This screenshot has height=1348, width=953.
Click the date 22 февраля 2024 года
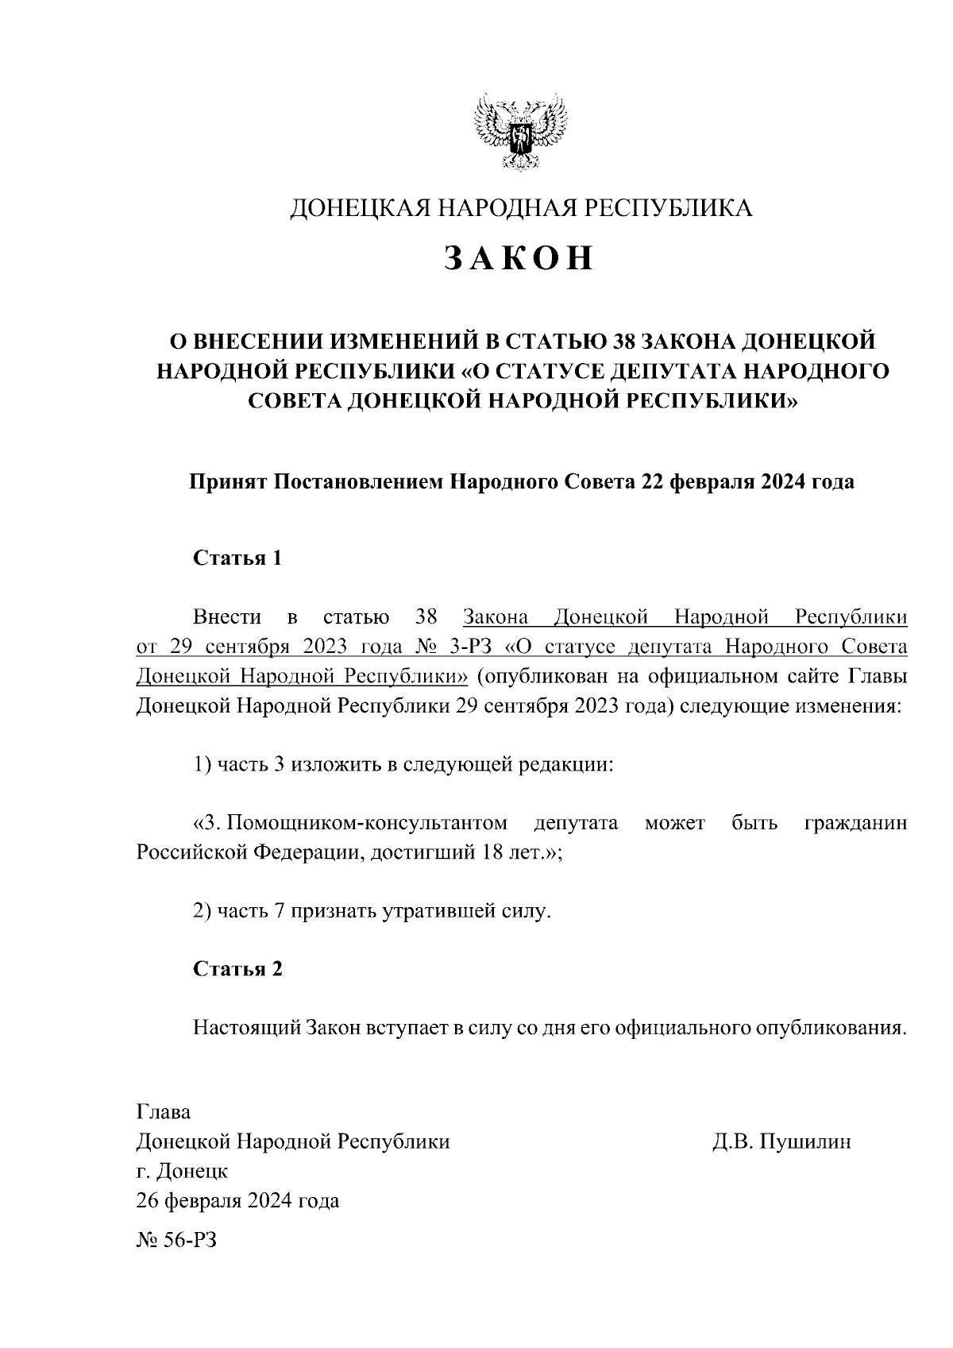743,481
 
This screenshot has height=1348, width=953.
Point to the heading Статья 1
238,558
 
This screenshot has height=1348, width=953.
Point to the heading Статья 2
238,969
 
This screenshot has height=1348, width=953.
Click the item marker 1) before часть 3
202,765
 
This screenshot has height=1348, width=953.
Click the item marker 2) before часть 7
202,911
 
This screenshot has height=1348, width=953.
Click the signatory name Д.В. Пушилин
781,1142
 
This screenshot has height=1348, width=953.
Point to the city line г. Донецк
182,1172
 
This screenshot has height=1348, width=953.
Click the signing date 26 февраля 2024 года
237,1201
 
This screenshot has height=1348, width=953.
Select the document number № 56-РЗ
176,1239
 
